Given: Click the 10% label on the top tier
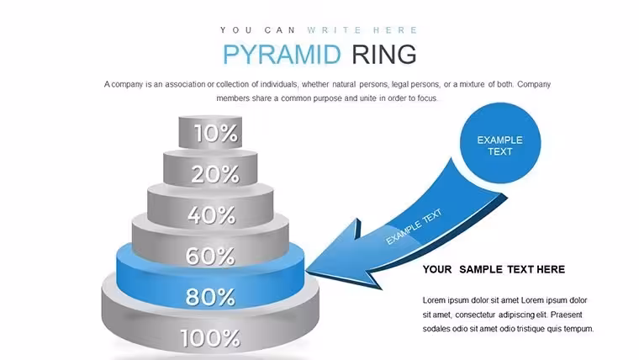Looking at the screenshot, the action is point(215,133).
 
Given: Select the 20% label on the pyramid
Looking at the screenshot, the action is point(215,174).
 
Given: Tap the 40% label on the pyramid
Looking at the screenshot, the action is point(212,214).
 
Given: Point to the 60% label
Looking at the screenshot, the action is point(210,256).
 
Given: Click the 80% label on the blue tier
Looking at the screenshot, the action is point(210,297).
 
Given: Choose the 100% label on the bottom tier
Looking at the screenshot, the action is point(210,338).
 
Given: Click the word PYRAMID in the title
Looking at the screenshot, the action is point(282,54).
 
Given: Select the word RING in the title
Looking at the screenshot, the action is point(384,54).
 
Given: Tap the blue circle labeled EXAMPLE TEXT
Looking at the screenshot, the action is point(500,143).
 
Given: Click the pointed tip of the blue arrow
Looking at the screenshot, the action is point(306,270).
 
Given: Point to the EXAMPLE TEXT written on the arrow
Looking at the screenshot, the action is point(414,226).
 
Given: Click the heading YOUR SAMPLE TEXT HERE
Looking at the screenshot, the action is point(494,269).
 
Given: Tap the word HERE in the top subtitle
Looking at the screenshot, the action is point(395,30).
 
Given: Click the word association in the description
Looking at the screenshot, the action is point(185,84).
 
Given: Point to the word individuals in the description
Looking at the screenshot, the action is point(279,84).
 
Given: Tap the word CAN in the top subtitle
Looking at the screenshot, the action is point(280,30).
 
